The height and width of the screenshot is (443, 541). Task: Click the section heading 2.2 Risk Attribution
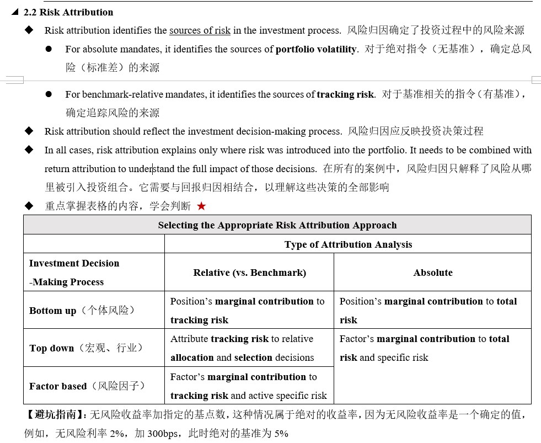click(68, 12)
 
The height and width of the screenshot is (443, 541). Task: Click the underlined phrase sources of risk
click(200, 30)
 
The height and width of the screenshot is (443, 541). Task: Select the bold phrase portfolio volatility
click(316, 49)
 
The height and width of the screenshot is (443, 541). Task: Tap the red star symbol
click(201, 206)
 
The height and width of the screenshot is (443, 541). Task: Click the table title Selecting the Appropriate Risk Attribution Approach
click(277, 225)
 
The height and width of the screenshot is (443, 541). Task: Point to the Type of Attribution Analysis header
click(348, 244)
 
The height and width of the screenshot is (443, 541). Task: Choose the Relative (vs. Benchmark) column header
click(249, 273)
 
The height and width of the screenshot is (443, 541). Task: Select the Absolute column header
click(432, 273)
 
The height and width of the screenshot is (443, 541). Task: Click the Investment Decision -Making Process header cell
click(74, 273)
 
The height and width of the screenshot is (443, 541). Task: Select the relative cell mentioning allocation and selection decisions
click(242, 348)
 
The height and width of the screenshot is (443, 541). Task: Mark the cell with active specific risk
click(248, 386)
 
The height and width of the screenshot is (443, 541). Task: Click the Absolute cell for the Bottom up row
click(428, 311)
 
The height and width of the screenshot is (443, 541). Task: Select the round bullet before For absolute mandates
click(49, 49)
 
